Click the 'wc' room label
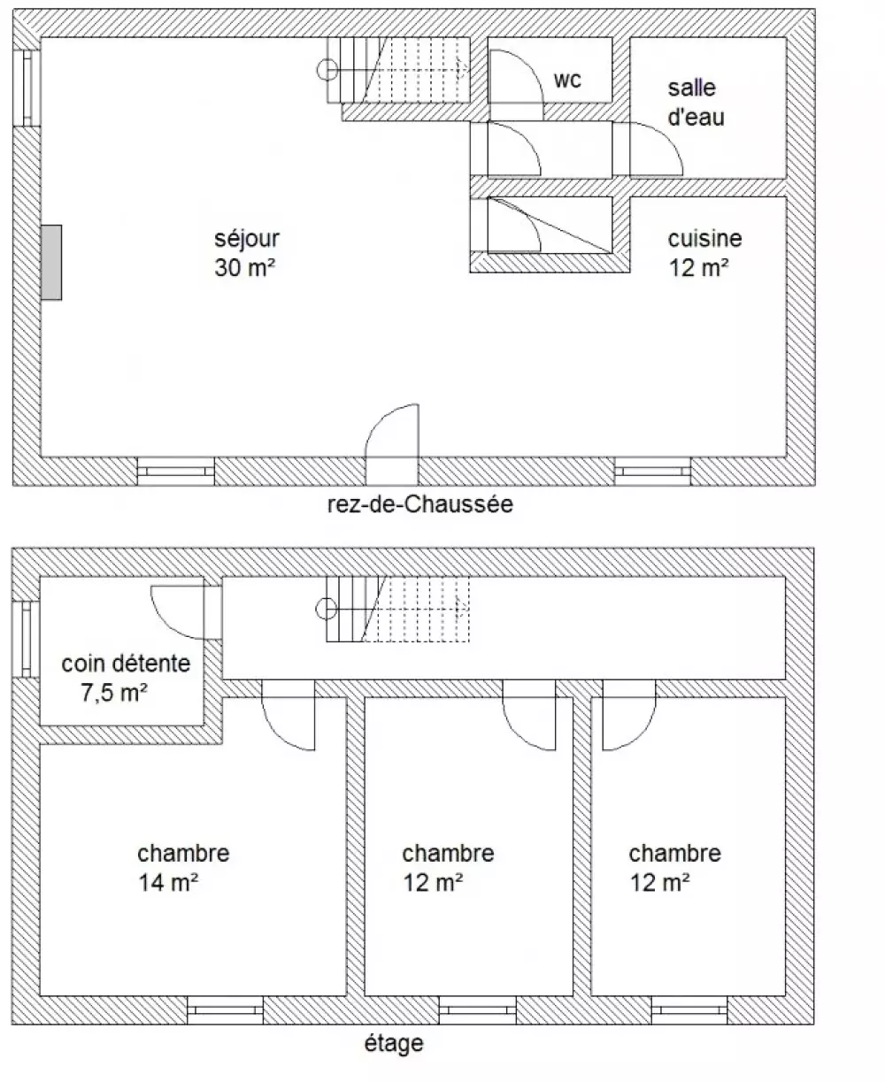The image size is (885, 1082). [x=567, y=80]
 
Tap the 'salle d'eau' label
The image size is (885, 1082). [x=696, y=103]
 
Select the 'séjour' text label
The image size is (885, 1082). [x=246, y=239]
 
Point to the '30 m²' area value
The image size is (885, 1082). [x=245, y=267]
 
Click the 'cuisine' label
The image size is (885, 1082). [x=704, y=239]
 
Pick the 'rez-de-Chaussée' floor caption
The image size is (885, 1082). [x=419, y=504]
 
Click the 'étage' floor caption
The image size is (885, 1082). [x=394, y=1044]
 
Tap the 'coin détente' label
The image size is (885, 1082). [x=126, y=664]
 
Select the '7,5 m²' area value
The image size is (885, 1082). [x=114, y=693]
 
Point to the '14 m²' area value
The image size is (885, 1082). [x=168, y=883]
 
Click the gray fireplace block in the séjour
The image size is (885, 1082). [x=51, y=262]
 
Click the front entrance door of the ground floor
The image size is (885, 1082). [x=392, y=444]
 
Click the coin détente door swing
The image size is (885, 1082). [x=165, y=624]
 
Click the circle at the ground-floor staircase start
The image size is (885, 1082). [x=327, y=69]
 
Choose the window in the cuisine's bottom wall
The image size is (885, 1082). [x=652, y=472]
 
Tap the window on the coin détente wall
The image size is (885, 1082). [x=26, y=640]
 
